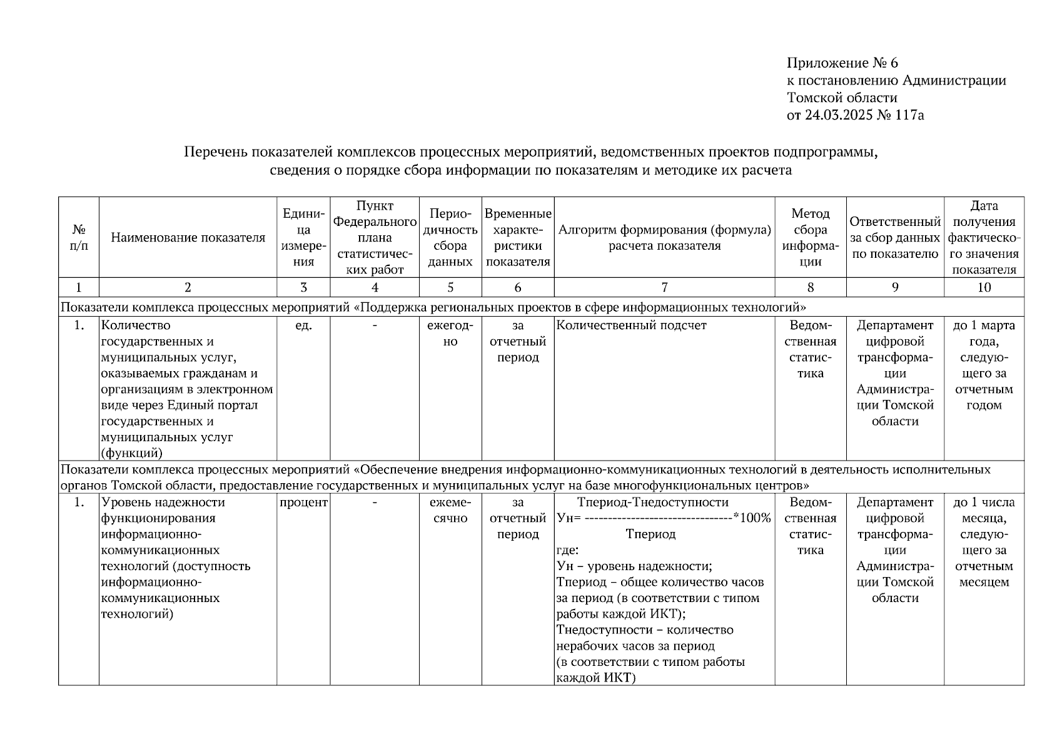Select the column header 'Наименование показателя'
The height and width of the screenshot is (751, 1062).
(x=188, y=238)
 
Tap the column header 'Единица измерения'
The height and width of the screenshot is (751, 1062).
(x=303, y=238)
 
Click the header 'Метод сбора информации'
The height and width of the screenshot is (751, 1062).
(x=810, y=238)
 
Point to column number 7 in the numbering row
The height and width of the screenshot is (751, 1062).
(x=664, y=288)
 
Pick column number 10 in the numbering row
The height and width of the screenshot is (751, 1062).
(x=984, y=288)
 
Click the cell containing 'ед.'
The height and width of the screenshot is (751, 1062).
(x=303, y=326)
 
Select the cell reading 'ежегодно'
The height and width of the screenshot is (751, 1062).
(x=450, y=334)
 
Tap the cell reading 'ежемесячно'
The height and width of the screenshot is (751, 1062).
(x=450, y=510)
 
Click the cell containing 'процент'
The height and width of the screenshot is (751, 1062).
(x=303, y=503)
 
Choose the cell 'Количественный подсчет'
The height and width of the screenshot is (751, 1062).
(x=631, y=326)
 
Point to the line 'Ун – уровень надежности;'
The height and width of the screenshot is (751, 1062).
(x=634, y=566)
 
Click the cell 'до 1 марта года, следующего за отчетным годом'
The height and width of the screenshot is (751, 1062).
(x=984, y=365)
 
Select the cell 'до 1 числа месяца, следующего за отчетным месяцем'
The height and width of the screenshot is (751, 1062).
(x=984, y=542)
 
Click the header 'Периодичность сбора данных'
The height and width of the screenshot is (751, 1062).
(x=450, y=238)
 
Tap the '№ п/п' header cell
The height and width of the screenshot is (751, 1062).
(x=78, y=238)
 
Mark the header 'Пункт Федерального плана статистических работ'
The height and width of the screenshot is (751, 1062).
(x=374, y=238)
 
